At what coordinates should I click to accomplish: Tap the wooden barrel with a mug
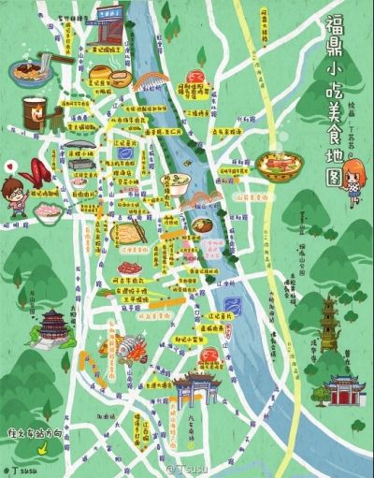[36, 110]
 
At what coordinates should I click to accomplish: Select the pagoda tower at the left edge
[53, 326]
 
